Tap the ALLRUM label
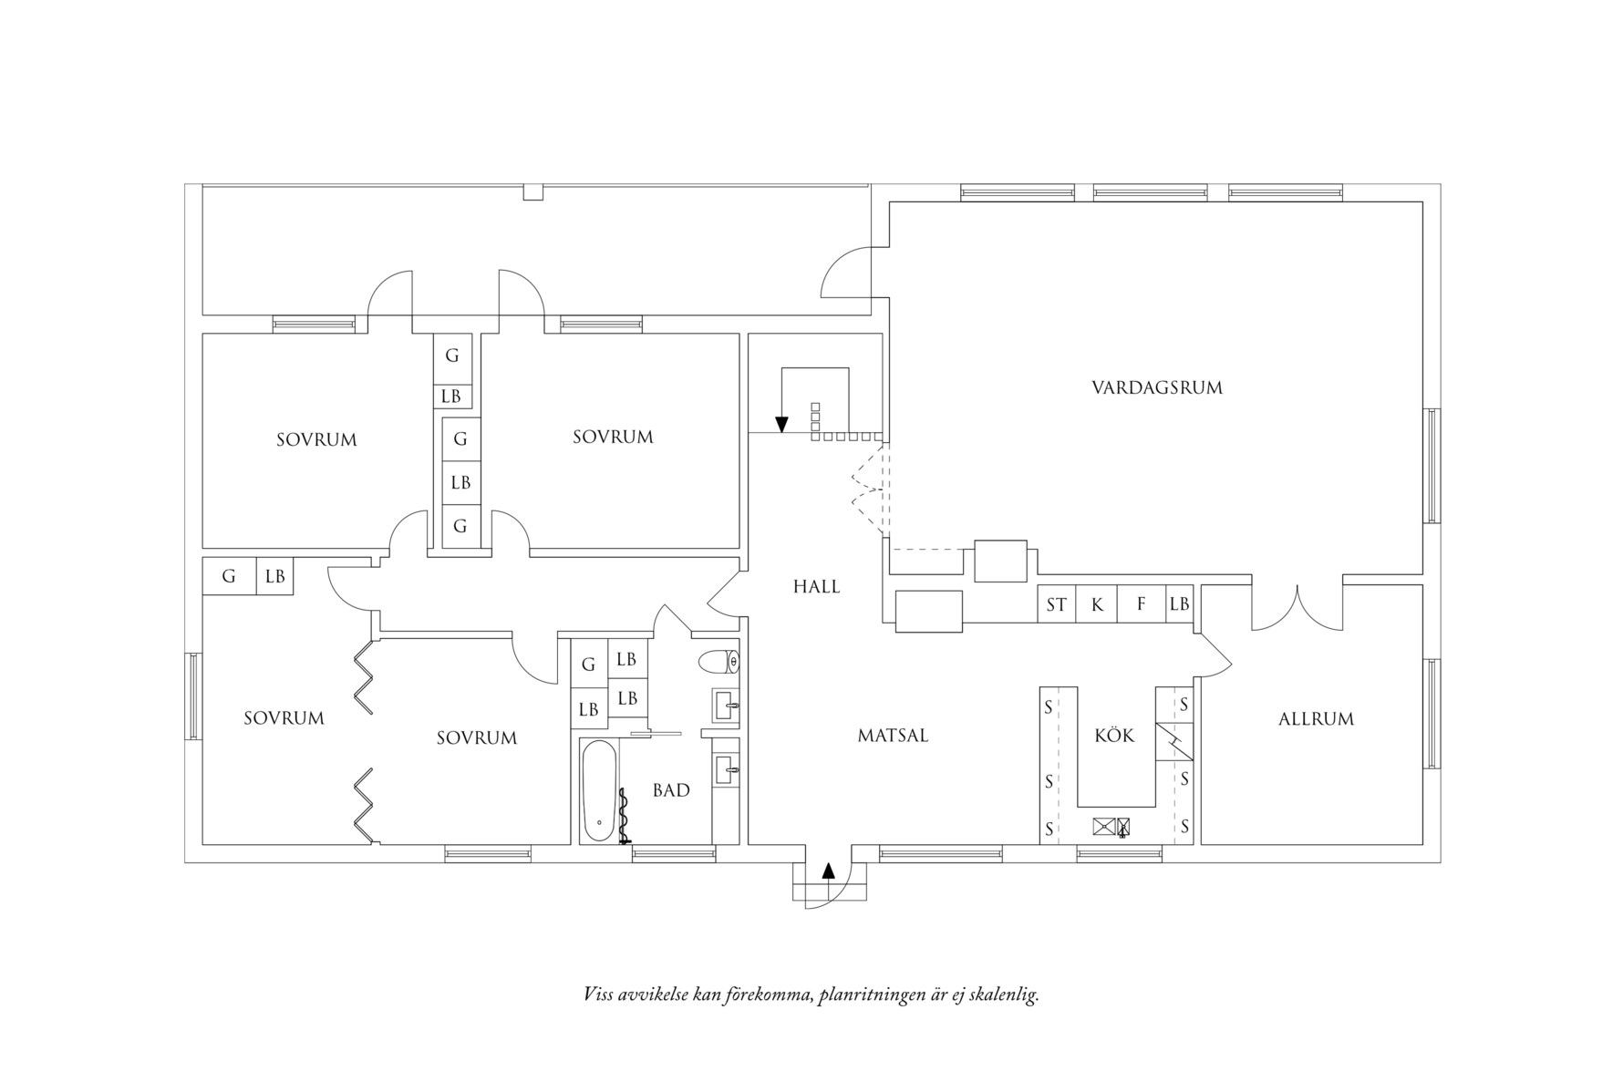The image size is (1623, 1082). click(x=1316, y=719)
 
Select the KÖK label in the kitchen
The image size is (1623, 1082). click(x=1114, y=735)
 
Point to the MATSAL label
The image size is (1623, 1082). click(x=893, y=736)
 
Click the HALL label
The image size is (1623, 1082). click(x=816, y=587)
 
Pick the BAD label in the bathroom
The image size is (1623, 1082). click(x=671, y=790)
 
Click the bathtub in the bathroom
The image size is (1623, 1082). click(x=599, y=791)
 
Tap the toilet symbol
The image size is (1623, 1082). click(x=719, y=661)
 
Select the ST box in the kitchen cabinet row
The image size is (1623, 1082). click(x=1056, y=604)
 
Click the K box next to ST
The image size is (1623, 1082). click(x=1097, y=604)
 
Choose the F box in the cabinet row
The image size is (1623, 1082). click(x=1141, y=604)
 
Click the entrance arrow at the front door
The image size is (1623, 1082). click(x=828, y=871)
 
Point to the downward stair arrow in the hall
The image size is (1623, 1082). click(x=781, y=423)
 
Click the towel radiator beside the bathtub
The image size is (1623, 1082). click(x=625, y=816)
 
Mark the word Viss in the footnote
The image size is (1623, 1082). click(x=598, y=994)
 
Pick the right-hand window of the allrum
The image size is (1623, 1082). click(x=1432, y=712)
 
